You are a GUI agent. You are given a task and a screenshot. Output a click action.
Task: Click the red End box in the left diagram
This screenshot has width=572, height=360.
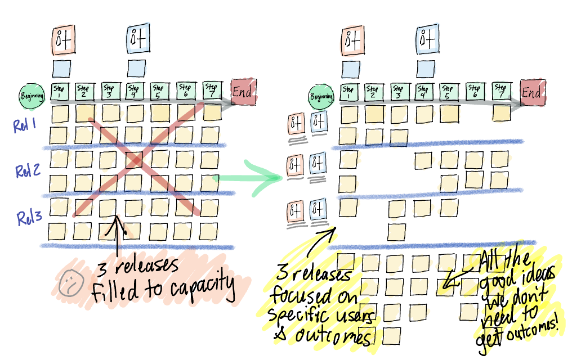[x=244, y=91]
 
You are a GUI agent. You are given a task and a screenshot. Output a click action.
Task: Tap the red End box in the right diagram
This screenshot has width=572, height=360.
[x=533, y=93]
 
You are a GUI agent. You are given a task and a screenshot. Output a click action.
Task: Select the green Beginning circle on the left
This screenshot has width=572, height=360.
[x=33, y=96]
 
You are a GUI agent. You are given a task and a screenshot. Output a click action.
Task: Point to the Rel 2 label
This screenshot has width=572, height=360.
[x=26, y=171]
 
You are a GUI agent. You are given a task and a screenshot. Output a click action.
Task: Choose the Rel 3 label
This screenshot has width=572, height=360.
[x=27, y=218]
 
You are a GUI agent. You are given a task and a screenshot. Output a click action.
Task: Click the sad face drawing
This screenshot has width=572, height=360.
[x=70, y=279]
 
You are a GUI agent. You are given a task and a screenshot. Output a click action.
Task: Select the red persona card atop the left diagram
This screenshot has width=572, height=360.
[x=62, y=40]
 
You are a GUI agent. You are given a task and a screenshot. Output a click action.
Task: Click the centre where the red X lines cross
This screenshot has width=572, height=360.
[x=136, y=161]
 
